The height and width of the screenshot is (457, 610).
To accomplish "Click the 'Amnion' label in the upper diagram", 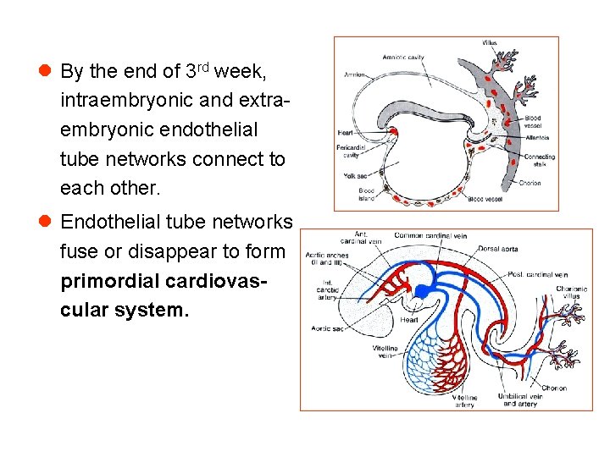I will (x=355, y=74).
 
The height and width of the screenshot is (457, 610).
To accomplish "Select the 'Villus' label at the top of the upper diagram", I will (x=490, y=42).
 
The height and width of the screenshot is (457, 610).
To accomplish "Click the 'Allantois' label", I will (x=537, y=137).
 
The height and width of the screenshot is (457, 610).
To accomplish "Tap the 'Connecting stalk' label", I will (x=539, y=161).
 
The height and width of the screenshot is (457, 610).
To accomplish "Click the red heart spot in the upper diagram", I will (x=394, y=130).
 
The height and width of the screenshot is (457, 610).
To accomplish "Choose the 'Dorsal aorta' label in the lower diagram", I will (x=498, y=249).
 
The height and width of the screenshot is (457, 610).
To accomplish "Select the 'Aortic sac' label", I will (x=326, y=328).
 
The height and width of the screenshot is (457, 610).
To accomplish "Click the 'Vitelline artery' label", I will (x=463, y=400).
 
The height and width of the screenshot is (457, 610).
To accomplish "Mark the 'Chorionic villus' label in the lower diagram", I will (x=572, y=293).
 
